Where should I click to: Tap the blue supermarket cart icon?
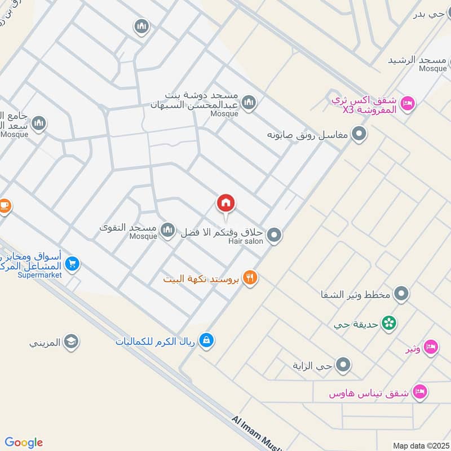click(72, 263)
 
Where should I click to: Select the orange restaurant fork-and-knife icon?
click(251, 278)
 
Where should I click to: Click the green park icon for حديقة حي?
click(388, 324)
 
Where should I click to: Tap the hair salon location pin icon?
click(274, 235)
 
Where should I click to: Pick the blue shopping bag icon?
click(207, 341)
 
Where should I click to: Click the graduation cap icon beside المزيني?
click(71, 342)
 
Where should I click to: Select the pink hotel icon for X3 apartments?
click(409, 103)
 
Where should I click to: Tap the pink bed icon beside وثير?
click(431, 348)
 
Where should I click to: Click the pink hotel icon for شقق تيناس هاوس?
click(419, 391)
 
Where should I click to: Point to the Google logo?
click(24, 443)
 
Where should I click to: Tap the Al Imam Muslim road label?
click(257, 431)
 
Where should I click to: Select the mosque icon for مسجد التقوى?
click(167, 229)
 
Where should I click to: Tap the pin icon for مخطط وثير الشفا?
click(401, 293)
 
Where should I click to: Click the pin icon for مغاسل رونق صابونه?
click(359, 134)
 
